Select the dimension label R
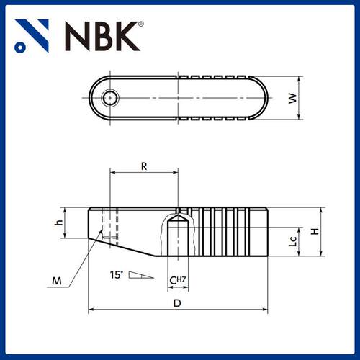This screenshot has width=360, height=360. [x=144, y=166]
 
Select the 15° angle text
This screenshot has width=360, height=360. [x=117, y=274]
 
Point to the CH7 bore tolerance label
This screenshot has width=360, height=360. [x=178, y=279]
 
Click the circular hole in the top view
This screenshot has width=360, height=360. [x=109, y=98]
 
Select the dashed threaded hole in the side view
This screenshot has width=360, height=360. [x=109, y=223]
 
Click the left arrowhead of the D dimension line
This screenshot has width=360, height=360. [x=91, y=310]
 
